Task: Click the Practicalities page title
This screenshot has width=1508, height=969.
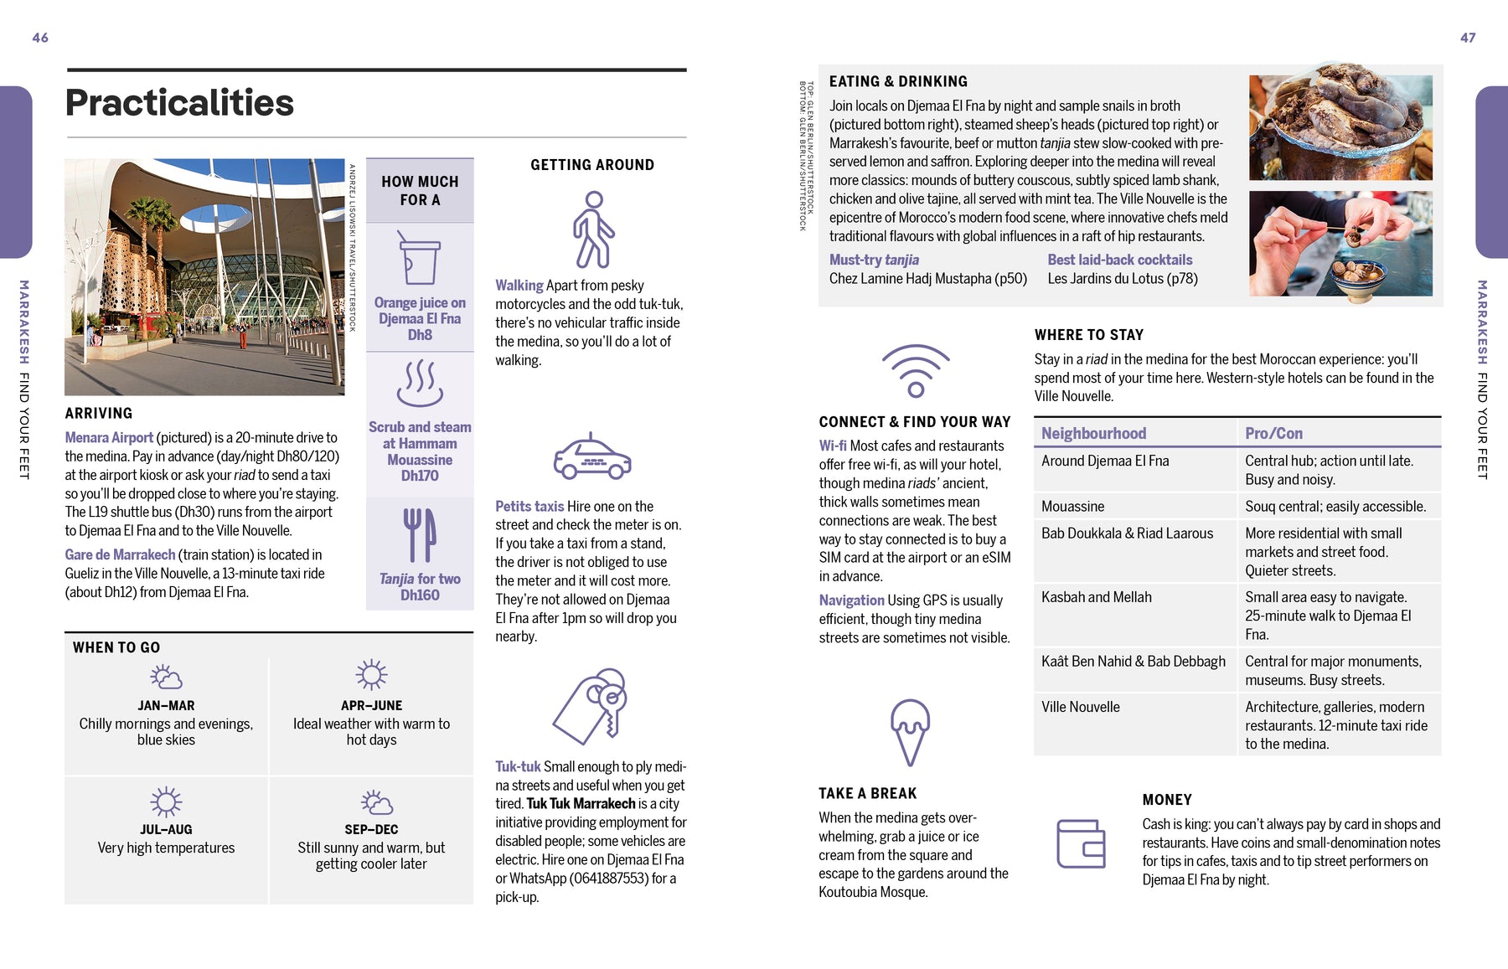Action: click(x=179, y=103)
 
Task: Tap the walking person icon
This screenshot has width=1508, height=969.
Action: click(x=592, y=229)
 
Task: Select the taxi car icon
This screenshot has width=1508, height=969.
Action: click(x=591, y=457)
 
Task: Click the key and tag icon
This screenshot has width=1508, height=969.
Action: click(x=591, y=706)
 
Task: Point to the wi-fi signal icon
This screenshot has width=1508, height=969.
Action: click(x=916, y=370)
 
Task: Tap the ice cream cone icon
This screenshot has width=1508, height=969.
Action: click(x=910, y=731)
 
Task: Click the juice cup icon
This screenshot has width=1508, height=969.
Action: click(x=420, y=260)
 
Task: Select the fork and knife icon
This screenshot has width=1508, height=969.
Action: click(x=420, y=535)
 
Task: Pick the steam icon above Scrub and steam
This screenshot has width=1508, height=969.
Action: click(x=420, y=383)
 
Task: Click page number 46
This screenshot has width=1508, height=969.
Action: click(x=40, y=38)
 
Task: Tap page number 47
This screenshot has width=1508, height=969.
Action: click(x=1468, y=38)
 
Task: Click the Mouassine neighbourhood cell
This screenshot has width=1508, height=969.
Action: click(x=1072, y=507)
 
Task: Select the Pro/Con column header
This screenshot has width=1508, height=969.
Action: click(x=1273, y=433)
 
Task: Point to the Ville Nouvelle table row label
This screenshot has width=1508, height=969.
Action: click(x=1081, y=707)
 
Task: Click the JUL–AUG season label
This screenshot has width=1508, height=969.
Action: click(x=166, y=829)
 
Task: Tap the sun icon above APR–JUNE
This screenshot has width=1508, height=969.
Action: click(x=371, y=675)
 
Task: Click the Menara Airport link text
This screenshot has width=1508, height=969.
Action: click(x=109, y=437)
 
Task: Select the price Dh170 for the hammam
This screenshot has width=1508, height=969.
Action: click(x=420, y=476)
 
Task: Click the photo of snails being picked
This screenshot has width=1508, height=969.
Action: click(x=1340, y=244)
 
